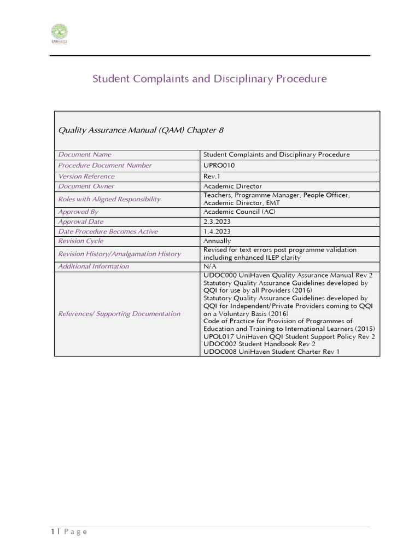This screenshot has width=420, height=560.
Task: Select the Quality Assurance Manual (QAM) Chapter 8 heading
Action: (141, 130)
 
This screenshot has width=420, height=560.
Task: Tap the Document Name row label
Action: (85, 155)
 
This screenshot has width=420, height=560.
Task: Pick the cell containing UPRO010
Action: (220, 165)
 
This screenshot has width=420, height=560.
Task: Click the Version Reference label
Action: (86, 176)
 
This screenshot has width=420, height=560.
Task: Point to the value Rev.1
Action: (212, 176)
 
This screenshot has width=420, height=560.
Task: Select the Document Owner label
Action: (86, 186)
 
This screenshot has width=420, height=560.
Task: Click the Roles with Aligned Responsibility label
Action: (109, 199)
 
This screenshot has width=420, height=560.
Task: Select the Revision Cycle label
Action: (81, 241)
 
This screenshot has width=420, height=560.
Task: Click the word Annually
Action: (217, 241)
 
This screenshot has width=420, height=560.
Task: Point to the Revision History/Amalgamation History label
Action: (119, 254)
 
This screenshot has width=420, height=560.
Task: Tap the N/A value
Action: (209, 266)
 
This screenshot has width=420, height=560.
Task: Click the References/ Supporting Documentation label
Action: (119, 314)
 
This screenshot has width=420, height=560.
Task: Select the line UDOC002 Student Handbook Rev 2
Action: (259, 345)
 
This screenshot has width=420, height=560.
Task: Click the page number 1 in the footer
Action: (52, 532)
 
